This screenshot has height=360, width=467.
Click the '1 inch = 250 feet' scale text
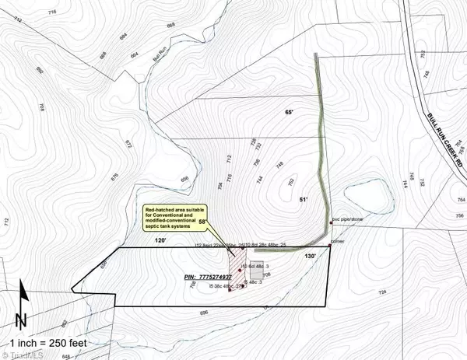pyautogui.click(x=48, y=342)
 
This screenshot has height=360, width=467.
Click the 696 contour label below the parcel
pyautogui.click(x=204, y=313)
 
